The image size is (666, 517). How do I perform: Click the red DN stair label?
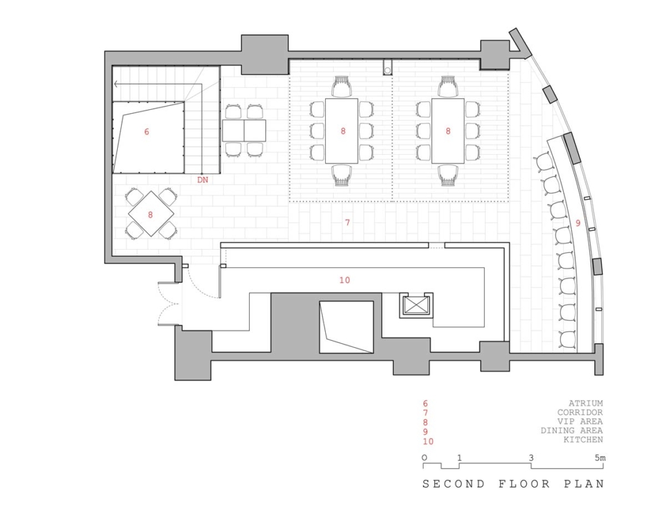(203, 179)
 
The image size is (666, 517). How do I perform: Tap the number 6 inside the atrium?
(146, 132)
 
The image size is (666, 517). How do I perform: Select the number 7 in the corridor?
(347, 222)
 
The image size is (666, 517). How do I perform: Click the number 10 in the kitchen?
(345, 280)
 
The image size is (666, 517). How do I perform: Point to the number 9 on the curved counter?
(578, 222)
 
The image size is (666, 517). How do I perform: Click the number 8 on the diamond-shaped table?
(150, 215)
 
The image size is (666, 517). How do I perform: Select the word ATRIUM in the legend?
(586, 403)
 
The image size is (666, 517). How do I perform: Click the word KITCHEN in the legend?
(583, 440)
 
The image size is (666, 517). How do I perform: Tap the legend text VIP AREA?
(580, 421)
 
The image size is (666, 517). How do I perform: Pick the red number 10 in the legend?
(428, 442)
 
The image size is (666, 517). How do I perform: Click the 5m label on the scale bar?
(600, 458)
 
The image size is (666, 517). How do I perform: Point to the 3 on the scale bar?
(531, 458)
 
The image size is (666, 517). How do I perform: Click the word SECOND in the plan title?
(453, 484)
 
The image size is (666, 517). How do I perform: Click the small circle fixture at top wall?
(388, 70)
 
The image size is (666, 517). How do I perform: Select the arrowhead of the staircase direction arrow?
(116, 84)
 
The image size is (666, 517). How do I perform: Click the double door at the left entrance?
(169, 304)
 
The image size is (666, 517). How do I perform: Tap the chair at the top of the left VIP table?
(342, 86)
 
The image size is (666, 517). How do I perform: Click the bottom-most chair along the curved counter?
(567, 340)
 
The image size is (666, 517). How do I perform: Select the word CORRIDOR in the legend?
(580, 412)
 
